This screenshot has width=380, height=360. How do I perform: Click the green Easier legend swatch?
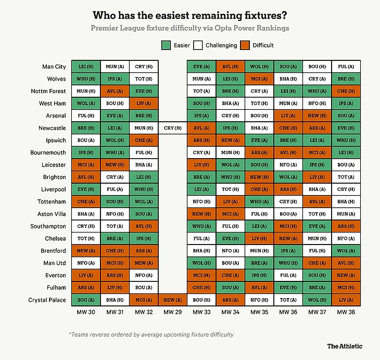click(167, 45)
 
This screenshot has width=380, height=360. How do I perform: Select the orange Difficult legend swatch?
click(245, 45)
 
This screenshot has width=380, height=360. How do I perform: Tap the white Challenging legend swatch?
click(198, 45)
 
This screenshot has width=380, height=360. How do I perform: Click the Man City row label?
click(54, 67)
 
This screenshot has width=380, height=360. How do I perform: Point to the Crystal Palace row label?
click(47, 300)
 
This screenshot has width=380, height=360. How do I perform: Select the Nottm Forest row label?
click(49, 91)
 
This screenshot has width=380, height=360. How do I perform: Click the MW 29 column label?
click(172, 312)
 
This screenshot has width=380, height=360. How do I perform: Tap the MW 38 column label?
click(345, 312)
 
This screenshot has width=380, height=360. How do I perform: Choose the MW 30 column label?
click(85, 312)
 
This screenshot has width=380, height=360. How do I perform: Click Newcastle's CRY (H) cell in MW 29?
click(172, 128)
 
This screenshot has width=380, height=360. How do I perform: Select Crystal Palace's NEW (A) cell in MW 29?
click(172, 300)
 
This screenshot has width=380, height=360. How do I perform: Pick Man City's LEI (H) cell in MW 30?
click(85, 67)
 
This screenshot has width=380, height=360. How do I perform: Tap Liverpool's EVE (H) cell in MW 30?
click(85, 189)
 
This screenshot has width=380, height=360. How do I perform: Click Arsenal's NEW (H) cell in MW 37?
click(316, 115)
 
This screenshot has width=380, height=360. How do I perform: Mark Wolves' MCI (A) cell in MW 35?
click(259, 79)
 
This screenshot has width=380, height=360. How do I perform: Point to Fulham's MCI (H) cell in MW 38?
click(345, 288)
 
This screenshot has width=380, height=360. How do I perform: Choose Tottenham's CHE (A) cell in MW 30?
click(85, 202)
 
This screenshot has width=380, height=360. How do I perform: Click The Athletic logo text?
click(345, 346)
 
